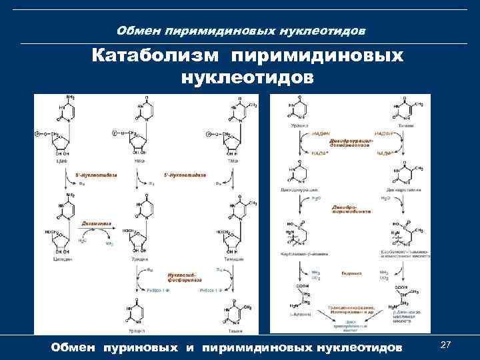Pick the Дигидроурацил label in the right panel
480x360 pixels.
click(x=297, y=190)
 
